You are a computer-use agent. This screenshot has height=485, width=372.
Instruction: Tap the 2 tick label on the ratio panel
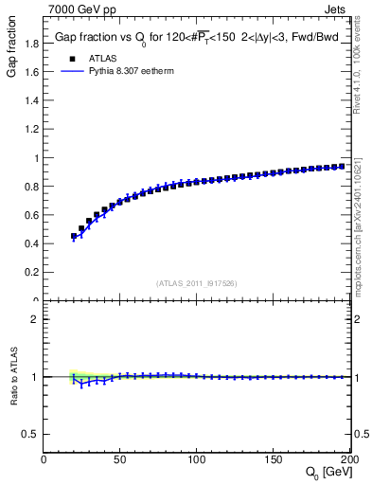point(35,319)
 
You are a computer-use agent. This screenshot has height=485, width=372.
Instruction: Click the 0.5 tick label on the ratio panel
point(30,434)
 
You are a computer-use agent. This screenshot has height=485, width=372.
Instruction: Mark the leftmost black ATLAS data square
point(74,236)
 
